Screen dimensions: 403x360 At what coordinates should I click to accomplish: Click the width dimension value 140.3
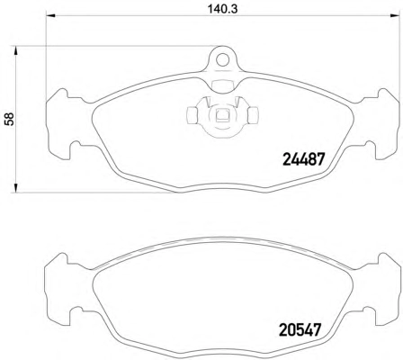point(223,9)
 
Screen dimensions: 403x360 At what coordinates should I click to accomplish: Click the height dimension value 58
point(9,119)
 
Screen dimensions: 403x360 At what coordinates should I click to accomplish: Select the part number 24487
point(304,159)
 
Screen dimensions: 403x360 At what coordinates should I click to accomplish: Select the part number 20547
point(300,329)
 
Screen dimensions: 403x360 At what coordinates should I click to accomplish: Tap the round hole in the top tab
point(222,59)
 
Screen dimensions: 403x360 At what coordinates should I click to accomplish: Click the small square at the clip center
point(222,114)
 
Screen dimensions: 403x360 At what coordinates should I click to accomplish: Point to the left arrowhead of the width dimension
point(50,16)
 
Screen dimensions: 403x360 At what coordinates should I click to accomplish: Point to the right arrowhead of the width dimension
point(396,16)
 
